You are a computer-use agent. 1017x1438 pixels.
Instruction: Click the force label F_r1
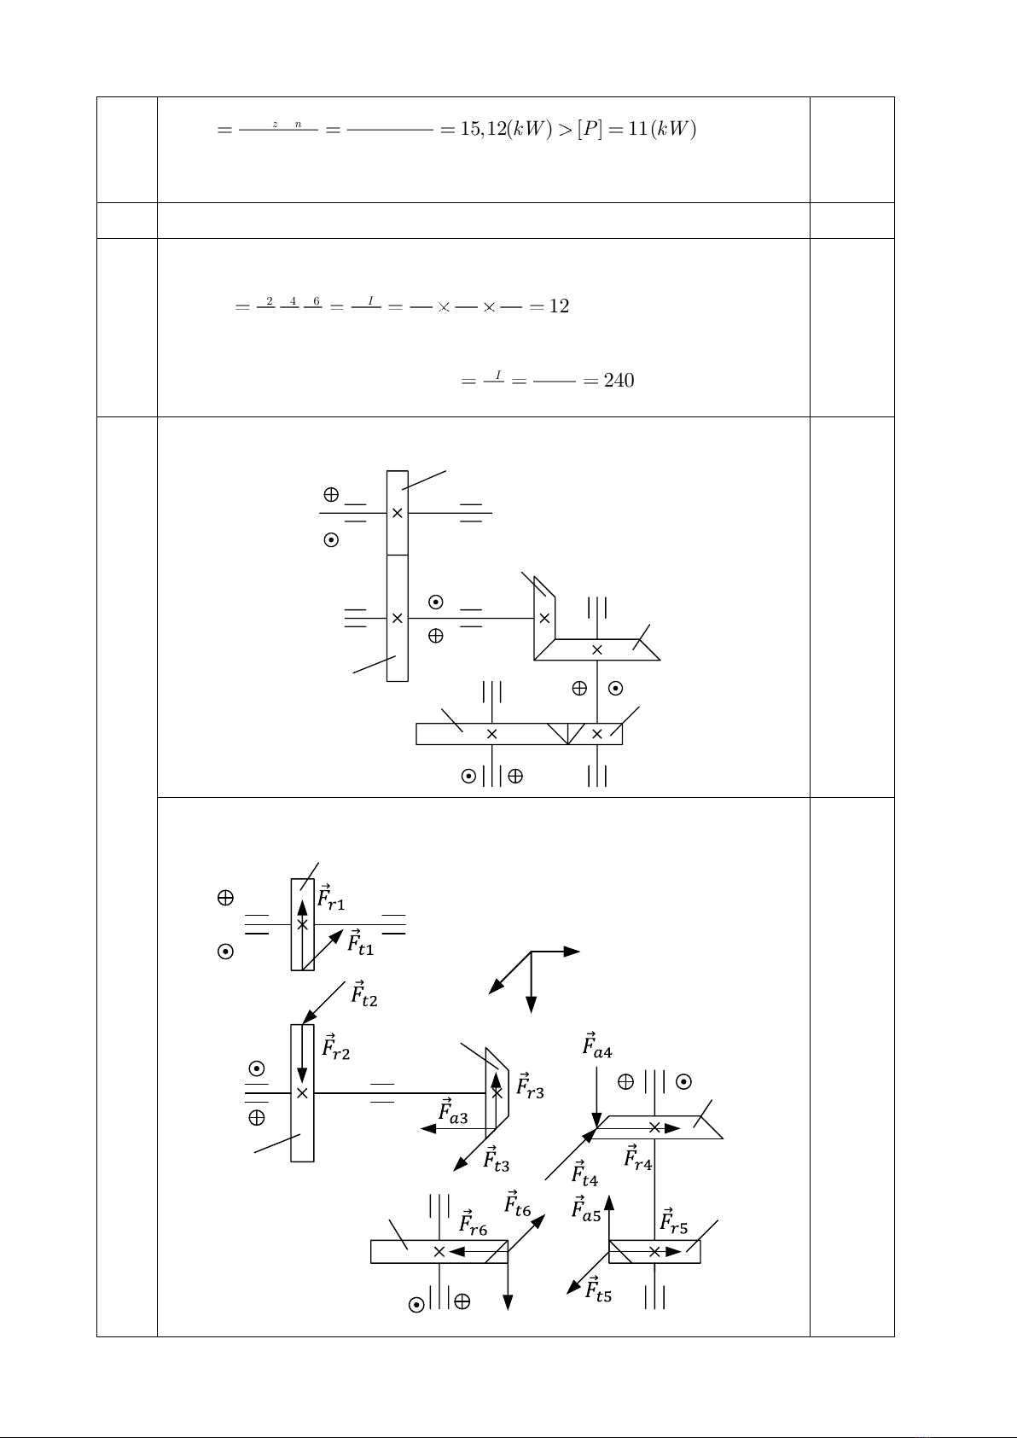pos(331,899)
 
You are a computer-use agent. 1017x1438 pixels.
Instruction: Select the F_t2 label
pos(364,994)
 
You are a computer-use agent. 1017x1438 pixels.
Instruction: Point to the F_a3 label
pos(453,1113)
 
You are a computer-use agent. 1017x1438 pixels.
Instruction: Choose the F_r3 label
pos(530,1086)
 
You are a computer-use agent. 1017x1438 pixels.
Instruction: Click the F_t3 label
pos(497,1160)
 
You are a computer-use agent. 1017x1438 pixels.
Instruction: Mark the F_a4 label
pos(597,1046)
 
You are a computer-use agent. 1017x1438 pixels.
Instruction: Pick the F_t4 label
pos(584,1174)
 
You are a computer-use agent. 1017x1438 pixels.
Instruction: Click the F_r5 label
pos(674,1222)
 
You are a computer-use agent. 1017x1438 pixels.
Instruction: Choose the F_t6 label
pos(518,1204)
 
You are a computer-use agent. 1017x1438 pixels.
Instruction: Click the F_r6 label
pos(474,1225)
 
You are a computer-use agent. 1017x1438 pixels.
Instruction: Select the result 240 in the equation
pos(619,381)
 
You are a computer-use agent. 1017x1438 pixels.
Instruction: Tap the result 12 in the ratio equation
pos(559,306)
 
